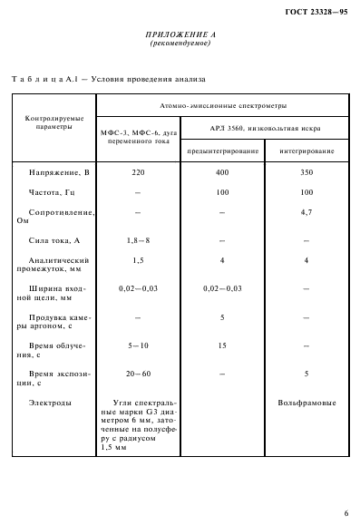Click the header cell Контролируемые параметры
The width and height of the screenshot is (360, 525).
(x=51, y=122)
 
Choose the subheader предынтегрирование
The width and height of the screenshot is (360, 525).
(x=221, y=150)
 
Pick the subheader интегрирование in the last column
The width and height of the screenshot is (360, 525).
(x=306, y=150)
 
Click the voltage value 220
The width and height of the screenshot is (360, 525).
(x=137, y=170)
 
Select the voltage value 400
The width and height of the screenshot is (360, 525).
(x=221, y=170)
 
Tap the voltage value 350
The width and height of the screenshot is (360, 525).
(x=306, y=170)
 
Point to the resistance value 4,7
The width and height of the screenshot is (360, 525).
(x=306, y=213)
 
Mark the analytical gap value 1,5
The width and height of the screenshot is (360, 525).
(x=137, y=260)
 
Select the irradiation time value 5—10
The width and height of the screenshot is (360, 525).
(x=137, y=345)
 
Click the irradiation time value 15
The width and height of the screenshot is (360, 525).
(x=221, y=345)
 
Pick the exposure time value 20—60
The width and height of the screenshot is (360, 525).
(x=137, y=373)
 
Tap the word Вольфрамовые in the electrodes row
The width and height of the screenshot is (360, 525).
(x=306, y=400)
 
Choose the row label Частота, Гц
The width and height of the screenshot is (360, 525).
(x=55, y=192)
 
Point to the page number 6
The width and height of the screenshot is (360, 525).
(x=345, y=512)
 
